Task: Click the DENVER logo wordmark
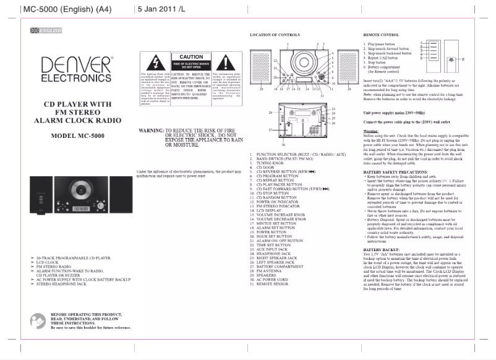point(77,65)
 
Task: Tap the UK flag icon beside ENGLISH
point(33,30)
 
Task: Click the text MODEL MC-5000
point(76,135)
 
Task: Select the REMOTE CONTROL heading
point(380,35)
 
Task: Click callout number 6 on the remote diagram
point(464,59)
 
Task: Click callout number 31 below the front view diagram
point(322,96)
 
